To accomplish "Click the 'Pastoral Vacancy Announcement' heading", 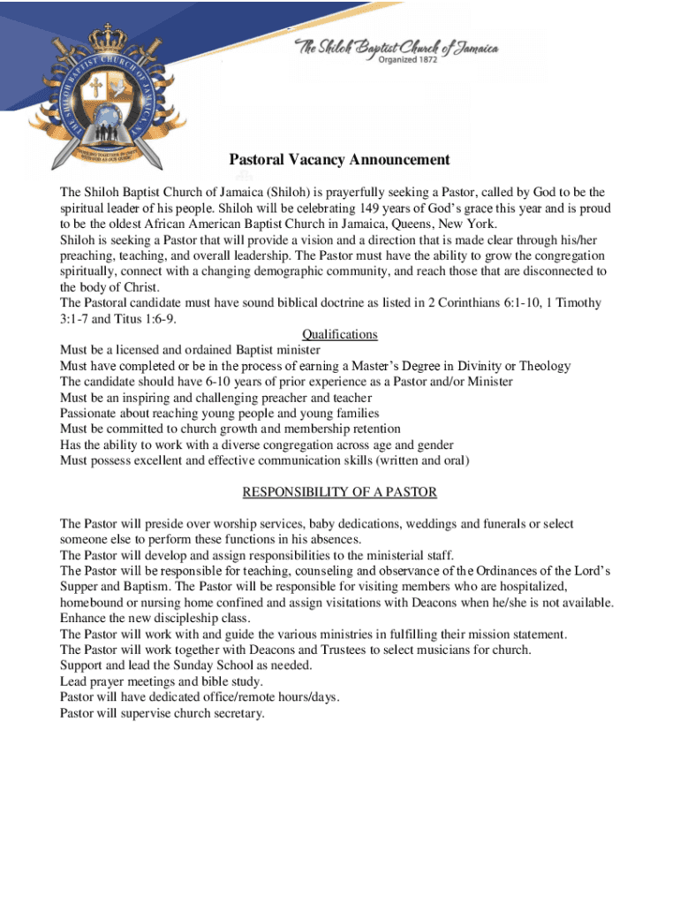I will pyautogui.click(x=339, y=160).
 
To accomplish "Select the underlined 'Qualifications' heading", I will pyautogui.click(x=339, y=335).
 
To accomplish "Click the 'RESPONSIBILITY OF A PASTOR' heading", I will pyautogui.click(x=339, y=492).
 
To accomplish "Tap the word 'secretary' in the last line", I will pyautogui.click(x=237, y=713).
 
